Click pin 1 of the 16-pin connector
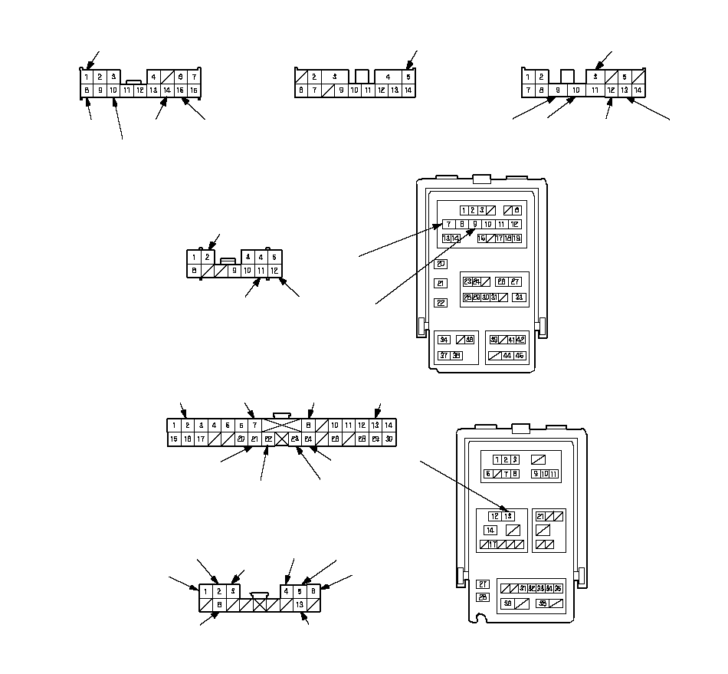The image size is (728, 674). point(87,77)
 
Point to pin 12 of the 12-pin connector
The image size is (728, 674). point(274,271)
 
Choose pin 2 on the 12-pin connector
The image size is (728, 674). point(207,257)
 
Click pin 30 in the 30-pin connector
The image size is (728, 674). point(389,439)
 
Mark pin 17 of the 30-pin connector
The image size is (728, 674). point(201,439)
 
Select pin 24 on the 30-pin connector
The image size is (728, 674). point(308,439)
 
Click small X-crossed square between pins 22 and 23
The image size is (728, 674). point(281,439)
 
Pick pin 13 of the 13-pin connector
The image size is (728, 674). point(300,605)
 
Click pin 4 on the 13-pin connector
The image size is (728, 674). point(287,591)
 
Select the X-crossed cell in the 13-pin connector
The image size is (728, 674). point(261,605)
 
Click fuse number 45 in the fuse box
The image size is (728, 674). point(520,356)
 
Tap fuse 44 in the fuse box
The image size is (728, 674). point(507,356)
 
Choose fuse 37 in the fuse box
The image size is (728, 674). point(444,356)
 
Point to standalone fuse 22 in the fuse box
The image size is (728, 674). point(441,303)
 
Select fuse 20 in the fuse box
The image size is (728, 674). point(441,264)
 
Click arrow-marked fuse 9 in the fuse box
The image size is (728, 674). point(475,225)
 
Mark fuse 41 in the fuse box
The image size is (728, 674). point(511,340)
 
